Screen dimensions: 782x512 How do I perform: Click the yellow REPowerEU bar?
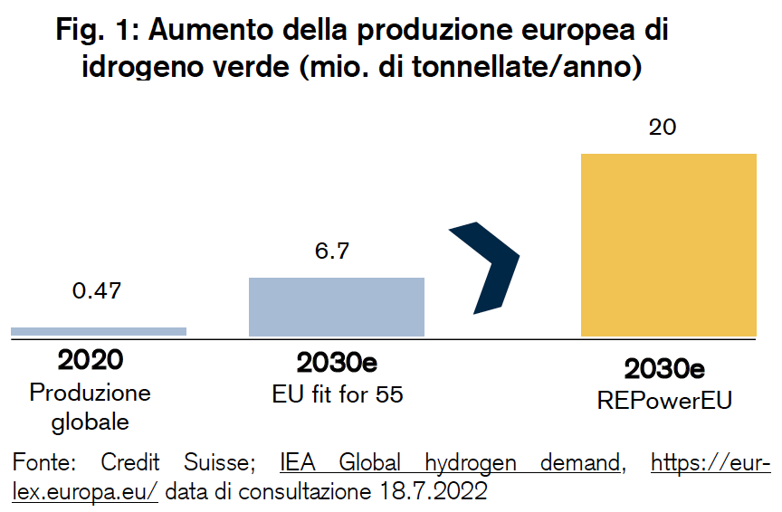pos(668,245)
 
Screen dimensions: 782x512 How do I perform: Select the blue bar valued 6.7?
pos(337,307)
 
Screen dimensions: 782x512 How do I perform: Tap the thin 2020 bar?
pos(99,331)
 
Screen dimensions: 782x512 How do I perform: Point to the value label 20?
pos(663,128)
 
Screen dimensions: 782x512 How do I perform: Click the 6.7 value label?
pos(331,251)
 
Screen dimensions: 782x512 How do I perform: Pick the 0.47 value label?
pos(97,290)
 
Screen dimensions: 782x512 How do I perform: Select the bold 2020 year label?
pos(91,359)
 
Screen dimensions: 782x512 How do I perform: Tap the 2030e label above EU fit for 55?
pos(337,363)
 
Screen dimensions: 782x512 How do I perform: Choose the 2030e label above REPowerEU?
pos(664,369)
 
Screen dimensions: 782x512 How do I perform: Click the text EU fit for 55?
pos(337,394)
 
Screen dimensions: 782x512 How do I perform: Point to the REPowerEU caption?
pos(664,401)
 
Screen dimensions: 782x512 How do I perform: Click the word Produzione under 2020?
pos(91,393)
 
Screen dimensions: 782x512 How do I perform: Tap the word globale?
pos(91,422)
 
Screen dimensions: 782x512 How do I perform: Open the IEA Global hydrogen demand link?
pos(450,462)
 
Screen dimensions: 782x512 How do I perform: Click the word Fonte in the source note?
pos(43,462)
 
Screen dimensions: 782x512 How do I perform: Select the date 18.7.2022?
pos(434,491)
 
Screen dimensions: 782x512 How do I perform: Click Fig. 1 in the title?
pos(94,30)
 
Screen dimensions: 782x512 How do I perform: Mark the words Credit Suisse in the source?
pos(178,462)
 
